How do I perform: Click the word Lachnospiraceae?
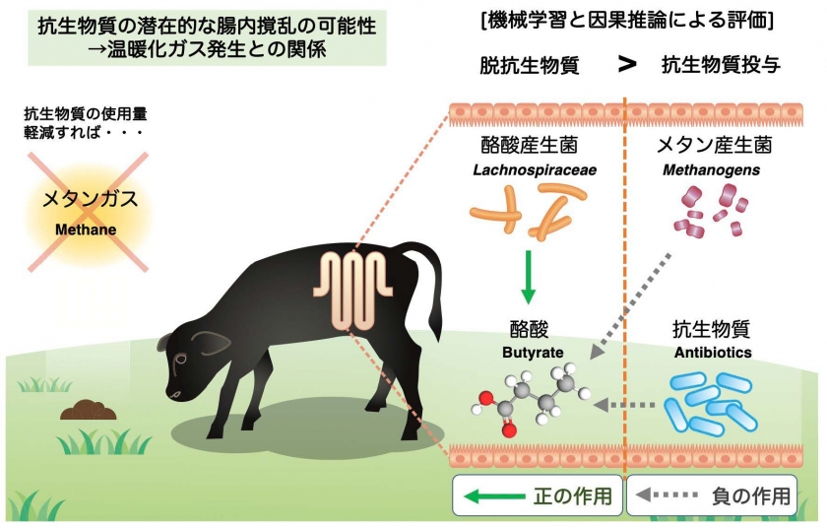coord(535,170)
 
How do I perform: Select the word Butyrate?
coord(530,352)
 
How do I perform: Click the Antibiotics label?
coord(712,352)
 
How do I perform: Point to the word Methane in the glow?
coord(85,230)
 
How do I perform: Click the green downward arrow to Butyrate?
coord(530,279)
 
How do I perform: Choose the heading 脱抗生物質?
coord(529,66)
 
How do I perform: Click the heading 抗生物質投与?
coord(722,66)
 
